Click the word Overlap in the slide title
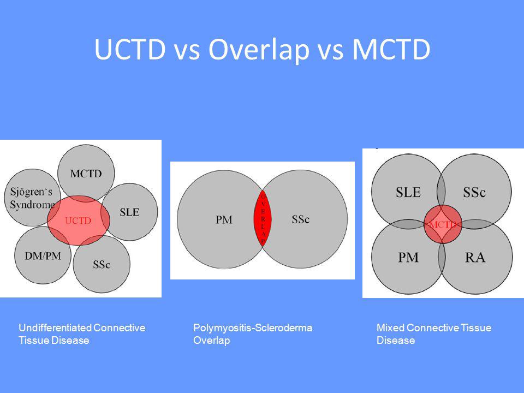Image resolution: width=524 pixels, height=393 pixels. tap(259, 50)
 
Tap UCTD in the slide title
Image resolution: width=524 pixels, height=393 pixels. tap(130, 49)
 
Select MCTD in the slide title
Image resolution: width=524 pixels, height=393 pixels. tap(391, 49)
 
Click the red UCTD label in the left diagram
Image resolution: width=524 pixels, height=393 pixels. tap(78, 221)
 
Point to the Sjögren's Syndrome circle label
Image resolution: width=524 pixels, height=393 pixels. tap(32, 198)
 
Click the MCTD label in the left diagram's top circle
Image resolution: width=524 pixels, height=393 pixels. tap(86, 174)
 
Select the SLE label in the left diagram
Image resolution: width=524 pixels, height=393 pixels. tap(129, 212)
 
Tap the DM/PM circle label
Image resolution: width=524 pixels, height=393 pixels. tap(43, 256)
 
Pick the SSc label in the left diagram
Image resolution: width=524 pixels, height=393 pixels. tap(102, 265)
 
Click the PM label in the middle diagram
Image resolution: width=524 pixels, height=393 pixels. tap(224, 219)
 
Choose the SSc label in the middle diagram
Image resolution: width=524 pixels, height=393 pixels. tap(300, 219)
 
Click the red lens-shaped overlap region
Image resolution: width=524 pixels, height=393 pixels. tap(263, 218)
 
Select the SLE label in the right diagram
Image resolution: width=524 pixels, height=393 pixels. tap(408, 192)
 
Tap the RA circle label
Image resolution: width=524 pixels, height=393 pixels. tap(475, 257)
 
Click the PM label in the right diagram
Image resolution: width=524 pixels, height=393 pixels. tap(408, 257)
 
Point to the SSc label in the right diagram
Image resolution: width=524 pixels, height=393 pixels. tap(474, 192)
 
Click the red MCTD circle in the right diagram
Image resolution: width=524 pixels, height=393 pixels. tap(443, 224)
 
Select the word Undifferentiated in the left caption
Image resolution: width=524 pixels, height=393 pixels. tap(55, 327)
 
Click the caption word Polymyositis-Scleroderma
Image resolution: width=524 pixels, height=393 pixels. tap(253, 327)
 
